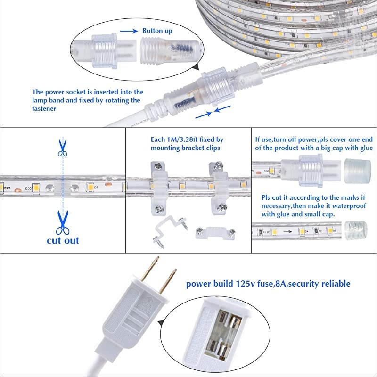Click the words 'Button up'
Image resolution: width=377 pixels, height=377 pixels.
pyautogui.click(x=157, y=31)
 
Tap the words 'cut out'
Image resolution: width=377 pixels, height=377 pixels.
pyautogui.click(x=63, y=240)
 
